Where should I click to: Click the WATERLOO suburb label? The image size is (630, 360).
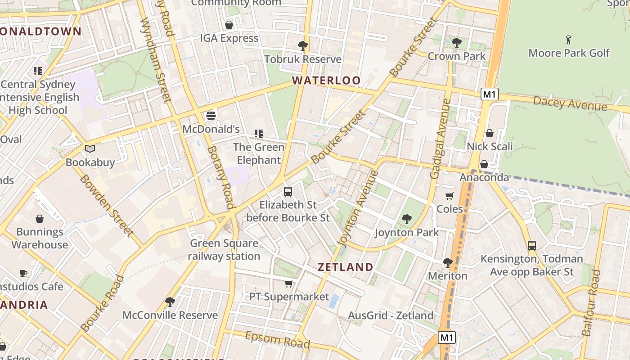(326, 81)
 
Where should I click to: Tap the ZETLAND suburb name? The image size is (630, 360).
(346, 267)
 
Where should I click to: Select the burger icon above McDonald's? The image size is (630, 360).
(211, 115)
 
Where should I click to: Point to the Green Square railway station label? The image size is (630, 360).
(224, 250)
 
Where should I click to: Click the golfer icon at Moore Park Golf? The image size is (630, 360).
(568, 40)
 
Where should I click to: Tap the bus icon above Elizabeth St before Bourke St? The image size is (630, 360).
(288, 192)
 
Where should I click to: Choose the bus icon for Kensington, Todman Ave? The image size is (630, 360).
(531, 246)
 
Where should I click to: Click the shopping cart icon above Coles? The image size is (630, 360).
(450, 196)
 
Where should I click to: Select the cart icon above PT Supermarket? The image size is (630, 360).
(289, 283)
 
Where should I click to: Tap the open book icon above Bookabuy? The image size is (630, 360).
(90, 148)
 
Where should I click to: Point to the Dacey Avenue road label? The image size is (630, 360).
(570, 103)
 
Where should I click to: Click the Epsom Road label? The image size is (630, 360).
(277, 340)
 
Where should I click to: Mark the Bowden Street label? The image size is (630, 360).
(107, 205)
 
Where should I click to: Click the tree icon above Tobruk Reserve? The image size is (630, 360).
(303, 45)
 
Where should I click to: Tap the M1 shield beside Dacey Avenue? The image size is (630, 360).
(489, 94)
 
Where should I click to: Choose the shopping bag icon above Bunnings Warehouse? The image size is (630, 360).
(40, 219)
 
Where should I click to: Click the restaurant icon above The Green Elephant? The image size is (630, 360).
(258, 134)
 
